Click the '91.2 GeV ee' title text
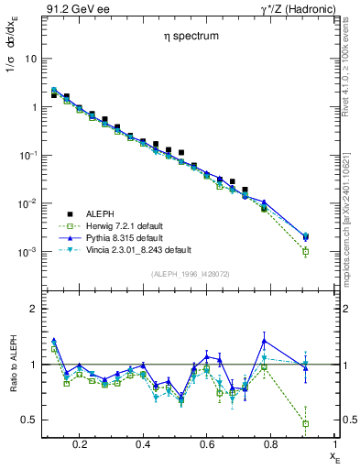coord(76,10)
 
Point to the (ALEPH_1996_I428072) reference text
coord(190,274)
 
